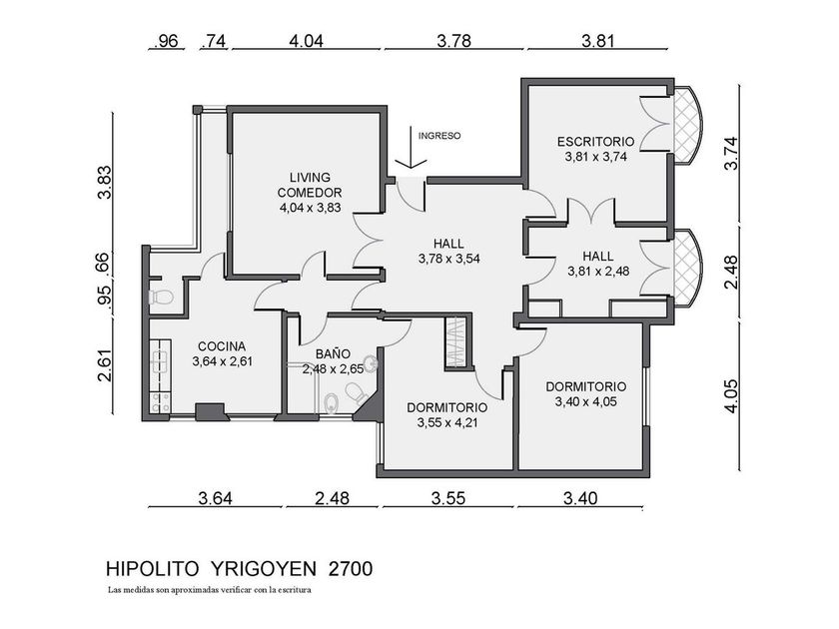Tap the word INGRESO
(439, 136)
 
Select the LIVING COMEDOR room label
(310, 185)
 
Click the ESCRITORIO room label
(595, 142)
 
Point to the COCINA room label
(222, 346)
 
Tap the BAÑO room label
(333, 353)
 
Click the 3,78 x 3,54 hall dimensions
(448, 260)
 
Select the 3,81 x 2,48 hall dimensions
(598, 272)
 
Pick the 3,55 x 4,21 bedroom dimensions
(447, 423)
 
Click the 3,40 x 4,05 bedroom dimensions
(586, 402)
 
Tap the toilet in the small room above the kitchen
(161, 297)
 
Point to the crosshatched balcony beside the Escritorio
(686, 127)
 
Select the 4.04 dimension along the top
(306, 41)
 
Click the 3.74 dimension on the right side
(730, 154)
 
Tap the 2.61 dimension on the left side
(105, 365)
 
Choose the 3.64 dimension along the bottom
(215, 498)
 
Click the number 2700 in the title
(351, 568)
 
